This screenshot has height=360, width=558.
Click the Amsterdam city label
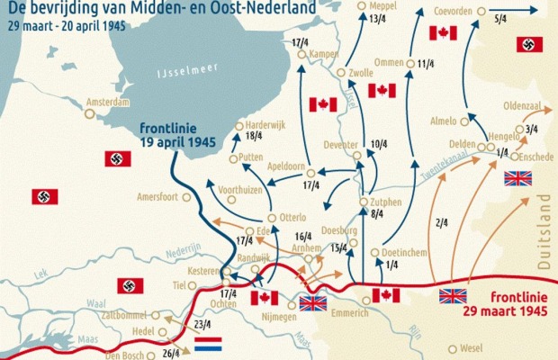[107, 103]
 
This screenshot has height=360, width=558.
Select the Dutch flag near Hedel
[220, 342]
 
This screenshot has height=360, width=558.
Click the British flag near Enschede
[519, 178]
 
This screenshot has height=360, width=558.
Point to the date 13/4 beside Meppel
[378, 44]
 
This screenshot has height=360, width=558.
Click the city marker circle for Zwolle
[341, 73]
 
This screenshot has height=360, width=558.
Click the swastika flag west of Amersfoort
[44, 196]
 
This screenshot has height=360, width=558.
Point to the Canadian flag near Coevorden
[443, 33]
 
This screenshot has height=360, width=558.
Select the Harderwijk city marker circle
[238, 126]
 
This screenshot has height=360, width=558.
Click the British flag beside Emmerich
[313, 303]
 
